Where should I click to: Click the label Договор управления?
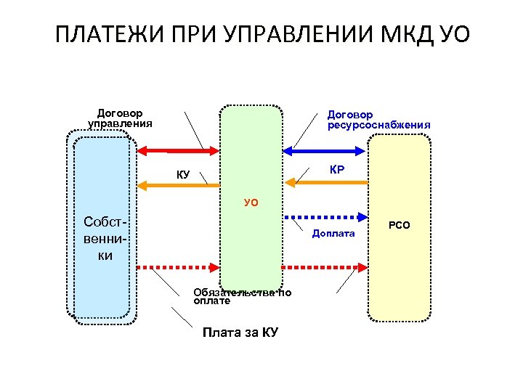pos(120,118)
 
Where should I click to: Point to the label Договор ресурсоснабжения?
pos(378,120)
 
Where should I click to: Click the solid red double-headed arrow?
pos(178,150)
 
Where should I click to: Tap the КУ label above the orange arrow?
pos(183,174)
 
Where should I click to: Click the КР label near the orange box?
pos(336,169)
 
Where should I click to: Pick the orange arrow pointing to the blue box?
pos(178,186)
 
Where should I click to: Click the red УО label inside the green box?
pos(251,203)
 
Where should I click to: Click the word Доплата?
pos(333,233)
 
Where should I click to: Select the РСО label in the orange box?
pos(399,226)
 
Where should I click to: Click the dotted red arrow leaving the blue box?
pos(178,266)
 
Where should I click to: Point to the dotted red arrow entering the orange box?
pos(325,266)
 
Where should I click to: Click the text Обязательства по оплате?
pos(242,296)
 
